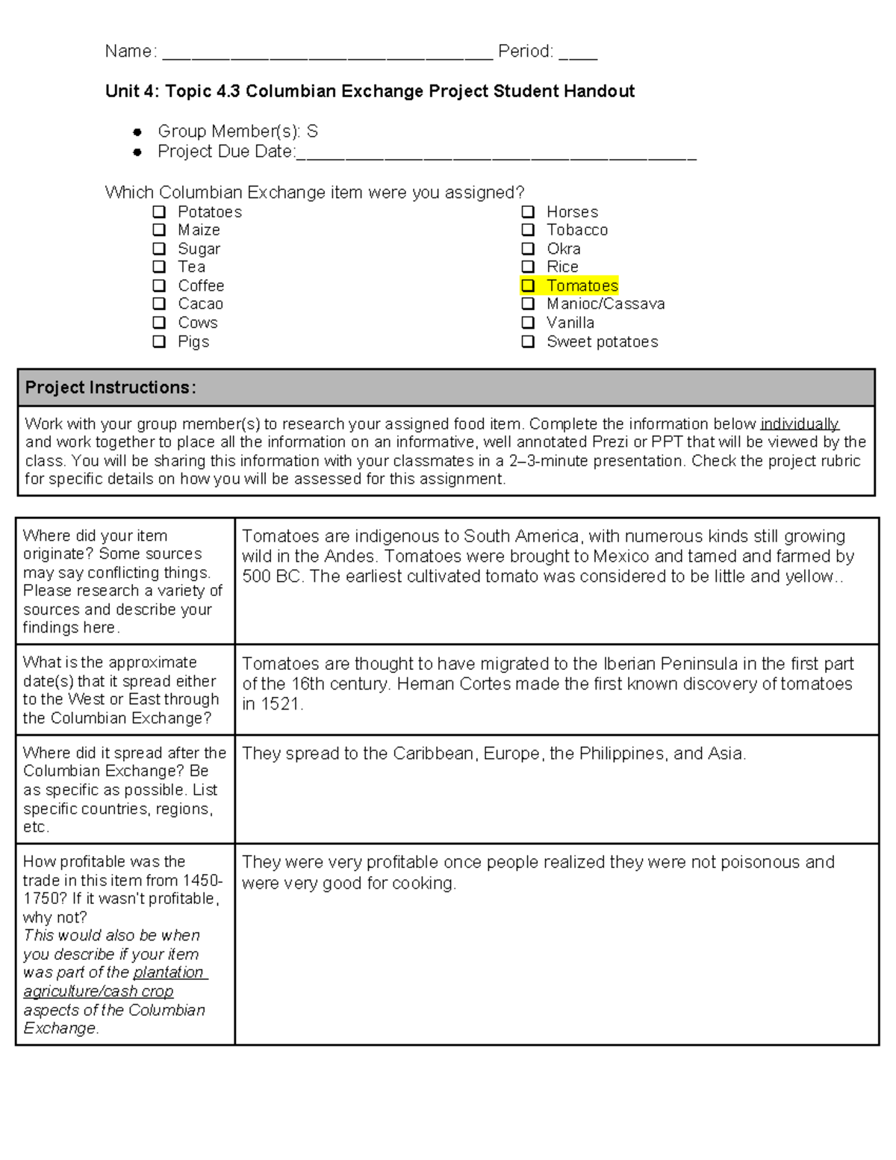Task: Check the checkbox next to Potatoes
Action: pos(159,212)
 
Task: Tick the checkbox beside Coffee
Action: pos(159,285)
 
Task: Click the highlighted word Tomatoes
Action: pos(582,285)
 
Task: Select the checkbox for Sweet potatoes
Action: pos(528,342)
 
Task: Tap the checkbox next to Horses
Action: pos(528,212)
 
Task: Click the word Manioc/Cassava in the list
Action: pos(605,304)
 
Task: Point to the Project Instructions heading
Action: pos(111,387)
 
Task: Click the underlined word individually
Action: pos(799,424)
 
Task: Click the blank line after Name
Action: pos(327,52)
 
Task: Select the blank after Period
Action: pos(578,52)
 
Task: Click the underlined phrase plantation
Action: pos(169,973)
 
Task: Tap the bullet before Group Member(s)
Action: pos(137,132)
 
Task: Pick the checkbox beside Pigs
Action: pos(159,342)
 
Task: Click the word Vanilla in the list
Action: pos(570,323)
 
